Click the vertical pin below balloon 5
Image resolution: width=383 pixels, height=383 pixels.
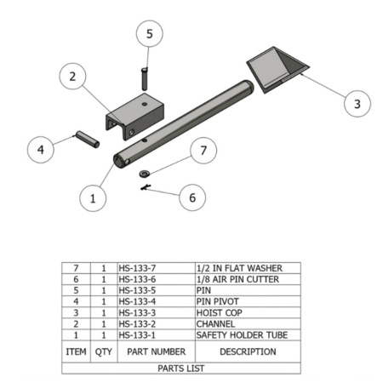145,78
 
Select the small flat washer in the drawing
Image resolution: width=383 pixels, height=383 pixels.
145,174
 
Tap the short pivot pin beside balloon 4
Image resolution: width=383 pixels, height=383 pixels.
88,140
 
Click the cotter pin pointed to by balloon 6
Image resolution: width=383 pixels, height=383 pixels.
146,187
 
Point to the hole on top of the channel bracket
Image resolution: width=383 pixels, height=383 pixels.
145,104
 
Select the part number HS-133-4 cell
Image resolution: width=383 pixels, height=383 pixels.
137,301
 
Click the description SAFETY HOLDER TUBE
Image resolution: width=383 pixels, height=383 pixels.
242,335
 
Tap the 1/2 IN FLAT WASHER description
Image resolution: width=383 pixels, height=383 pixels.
239,268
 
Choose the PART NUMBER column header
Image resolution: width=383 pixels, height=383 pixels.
157,352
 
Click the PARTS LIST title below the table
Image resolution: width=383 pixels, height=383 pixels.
181,369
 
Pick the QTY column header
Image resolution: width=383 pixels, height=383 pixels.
104,352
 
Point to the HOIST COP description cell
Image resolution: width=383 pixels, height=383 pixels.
219,312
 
